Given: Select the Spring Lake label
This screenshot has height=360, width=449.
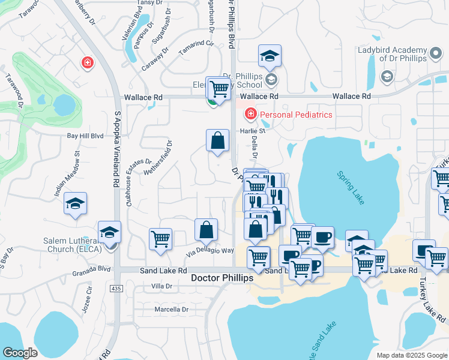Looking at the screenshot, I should [x=351, y=188].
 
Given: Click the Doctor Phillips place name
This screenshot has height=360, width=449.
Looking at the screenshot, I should [x=223, y=279].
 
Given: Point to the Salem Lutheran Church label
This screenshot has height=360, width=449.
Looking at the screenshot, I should [x=71, y=245].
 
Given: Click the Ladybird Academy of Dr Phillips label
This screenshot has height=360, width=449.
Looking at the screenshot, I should [x=393, y=56].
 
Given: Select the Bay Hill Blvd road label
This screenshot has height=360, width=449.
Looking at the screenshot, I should [x=85, y=136].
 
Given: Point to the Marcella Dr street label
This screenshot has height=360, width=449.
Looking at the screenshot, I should [x=172, y=310].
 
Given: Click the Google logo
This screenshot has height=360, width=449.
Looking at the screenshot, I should [x=20, y=353].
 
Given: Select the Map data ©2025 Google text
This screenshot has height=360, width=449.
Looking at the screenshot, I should [x=412, y=355].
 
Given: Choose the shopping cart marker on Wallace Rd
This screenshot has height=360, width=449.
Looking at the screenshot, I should [x=220, y=89].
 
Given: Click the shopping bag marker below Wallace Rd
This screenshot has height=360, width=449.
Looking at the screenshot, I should [x=218, y=142].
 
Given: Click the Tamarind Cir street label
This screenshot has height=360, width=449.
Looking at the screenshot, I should [x=197, y=49].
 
